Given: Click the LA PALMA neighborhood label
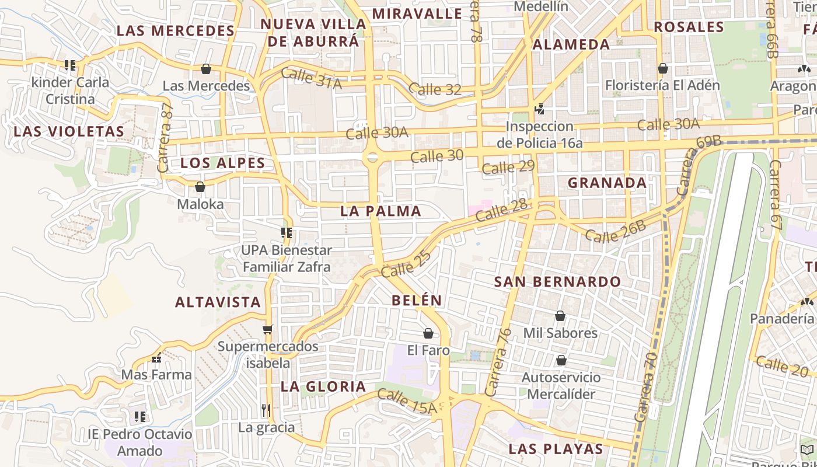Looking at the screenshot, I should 380,211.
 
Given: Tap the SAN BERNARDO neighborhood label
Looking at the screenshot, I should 557,281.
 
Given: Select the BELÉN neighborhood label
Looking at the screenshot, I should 417,301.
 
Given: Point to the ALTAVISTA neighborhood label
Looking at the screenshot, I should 218,302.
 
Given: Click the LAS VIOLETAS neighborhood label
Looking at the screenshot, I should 69,131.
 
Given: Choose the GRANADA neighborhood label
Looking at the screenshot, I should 607,183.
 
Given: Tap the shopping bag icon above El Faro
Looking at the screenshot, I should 428,333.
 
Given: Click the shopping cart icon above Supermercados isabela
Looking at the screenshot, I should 268,330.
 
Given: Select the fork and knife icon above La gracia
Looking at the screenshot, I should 266,410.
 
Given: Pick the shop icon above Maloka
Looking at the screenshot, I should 200,187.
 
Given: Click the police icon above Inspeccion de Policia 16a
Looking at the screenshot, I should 539,109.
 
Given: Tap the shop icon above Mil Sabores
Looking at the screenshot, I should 560,316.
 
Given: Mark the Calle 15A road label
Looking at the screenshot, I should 407,402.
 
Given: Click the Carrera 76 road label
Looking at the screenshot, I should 498,362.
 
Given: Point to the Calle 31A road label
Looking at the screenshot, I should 311,79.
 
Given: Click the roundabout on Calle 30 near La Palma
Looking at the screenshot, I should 372,157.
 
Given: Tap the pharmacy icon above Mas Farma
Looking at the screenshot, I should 156,358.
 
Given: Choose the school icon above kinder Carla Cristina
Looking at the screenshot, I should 70,65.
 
